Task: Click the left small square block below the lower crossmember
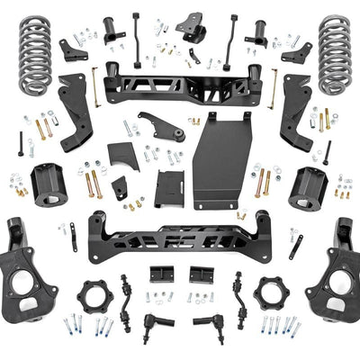163,274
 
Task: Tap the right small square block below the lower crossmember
201,274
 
